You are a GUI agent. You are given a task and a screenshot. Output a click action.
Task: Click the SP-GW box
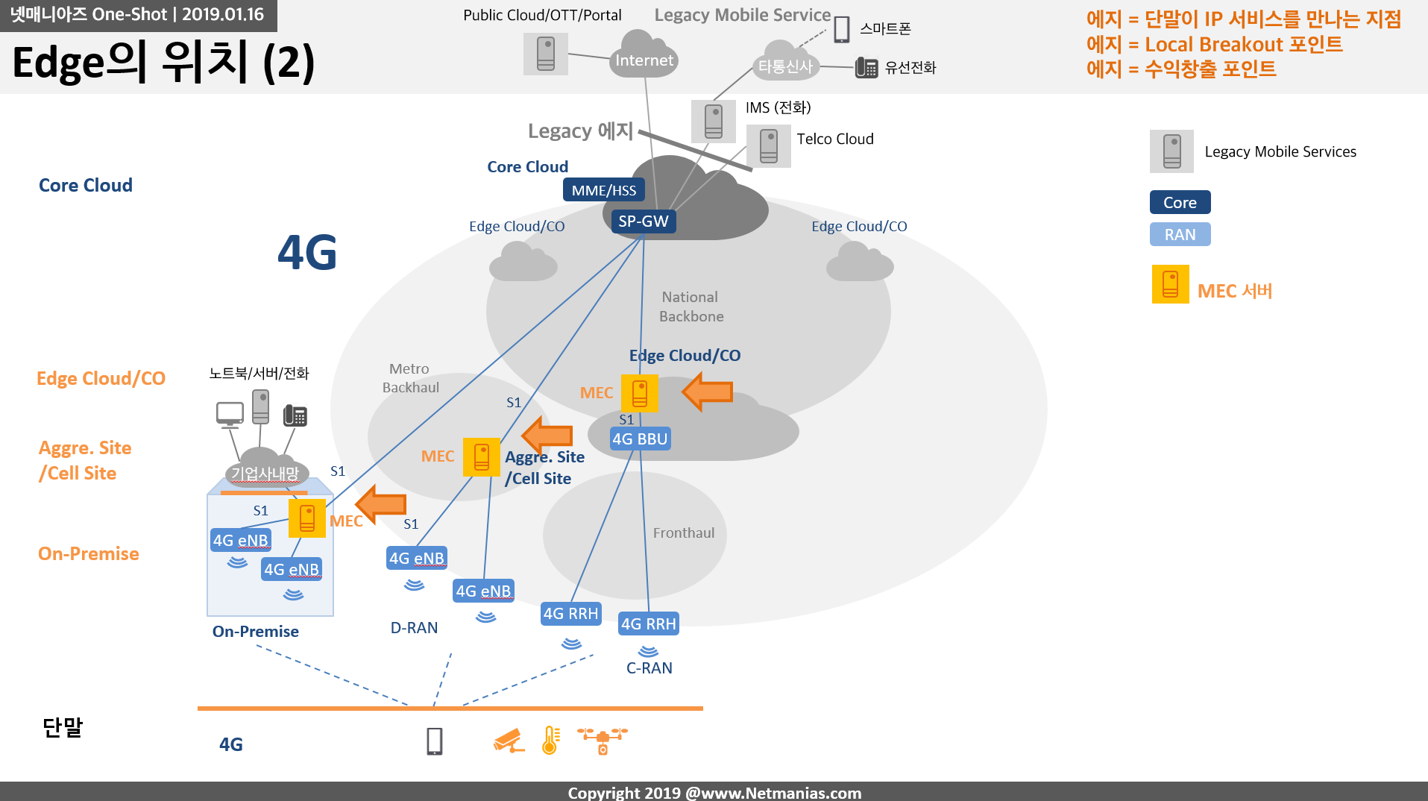tap(644, 222)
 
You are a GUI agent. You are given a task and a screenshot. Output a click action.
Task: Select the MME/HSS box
tap(604, 190)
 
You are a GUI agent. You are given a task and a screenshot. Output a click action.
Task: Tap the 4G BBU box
tap(640, 439)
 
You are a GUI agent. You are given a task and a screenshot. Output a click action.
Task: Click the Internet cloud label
tap(644, 60)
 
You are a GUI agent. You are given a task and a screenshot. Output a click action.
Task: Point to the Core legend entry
tap(1180, 202)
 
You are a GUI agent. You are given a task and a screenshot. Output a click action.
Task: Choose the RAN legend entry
tap(1180, 234)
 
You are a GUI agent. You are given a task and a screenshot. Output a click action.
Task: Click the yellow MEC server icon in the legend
tap(1171, 284)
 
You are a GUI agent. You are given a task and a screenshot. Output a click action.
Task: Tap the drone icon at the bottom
tap(603, 741)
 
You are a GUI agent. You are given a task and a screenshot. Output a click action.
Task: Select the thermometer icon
tap(551, 741)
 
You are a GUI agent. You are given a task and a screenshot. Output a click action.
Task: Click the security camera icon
tap(509, 741)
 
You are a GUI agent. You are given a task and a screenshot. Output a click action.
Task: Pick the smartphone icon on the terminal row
tap(435, 741)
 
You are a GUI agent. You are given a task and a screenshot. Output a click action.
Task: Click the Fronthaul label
tap(684, 533)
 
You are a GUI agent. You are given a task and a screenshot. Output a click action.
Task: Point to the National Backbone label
tap(691, 307)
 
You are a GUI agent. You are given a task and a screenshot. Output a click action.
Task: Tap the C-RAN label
tap(649, 668)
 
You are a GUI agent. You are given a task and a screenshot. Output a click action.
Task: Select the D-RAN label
tap(415, 628)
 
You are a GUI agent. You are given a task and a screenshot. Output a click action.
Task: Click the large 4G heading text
tap(307, 252)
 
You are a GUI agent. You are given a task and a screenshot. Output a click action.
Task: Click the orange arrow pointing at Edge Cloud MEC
tap(708, 392)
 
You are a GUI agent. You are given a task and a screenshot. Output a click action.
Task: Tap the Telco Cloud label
tap(835, 139)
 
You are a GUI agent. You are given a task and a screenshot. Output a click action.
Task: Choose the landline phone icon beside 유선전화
tap(866, 68)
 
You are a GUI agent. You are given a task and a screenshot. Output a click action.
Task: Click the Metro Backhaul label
tap(410, 378)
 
